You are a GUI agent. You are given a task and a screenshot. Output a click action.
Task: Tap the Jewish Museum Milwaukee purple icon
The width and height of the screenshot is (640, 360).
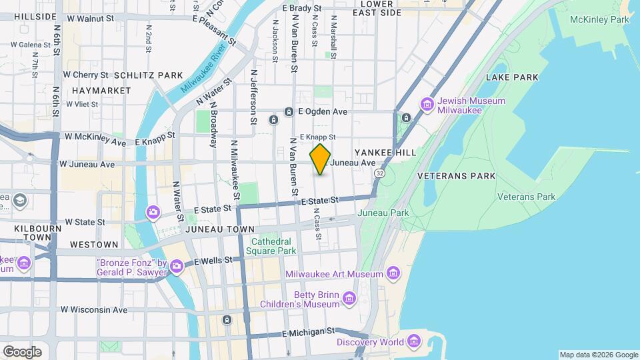[427, 105]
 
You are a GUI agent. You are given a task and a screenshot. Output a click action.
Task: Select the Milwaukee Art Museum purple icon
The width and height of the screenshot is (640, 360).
[393, 273]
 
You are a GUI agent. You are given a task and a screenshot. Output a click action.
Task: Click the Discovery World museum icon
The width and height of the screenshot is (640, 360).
[414, 342]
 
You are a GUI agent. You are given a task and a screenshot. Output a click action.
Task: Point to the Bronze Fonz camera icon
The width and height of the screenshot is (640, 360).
[176, 267]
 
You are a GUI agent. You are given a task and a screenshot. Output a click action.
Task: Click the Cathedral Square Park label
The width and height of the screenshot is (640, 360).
[271, 246]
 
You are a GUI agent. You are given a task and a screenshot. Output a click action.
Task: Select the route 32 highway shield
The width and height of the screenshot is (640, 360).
[379, 173]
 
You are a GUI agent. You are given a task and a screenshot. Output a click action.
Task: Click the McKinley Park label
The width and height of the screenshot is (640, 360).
[599, 20]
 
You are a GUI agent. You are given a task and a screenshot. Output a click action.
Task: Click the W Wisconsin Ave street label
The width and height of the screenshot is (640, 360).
[93, 309]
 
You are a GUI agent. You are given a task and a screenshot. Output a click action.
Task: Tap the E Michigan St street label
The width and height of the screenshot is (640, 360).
[308, 331]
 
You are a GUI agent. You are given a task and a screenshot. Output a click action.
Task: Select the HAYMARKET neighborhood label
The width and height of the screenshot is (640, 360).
[91, 90]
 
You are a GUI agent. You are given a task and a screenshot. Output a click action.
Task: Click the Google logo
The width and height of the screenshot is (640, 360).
[22, 351]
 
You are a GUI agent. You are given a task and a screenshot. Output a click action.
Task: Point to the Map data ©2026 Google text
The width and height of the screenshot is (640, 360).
[598, 355]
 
